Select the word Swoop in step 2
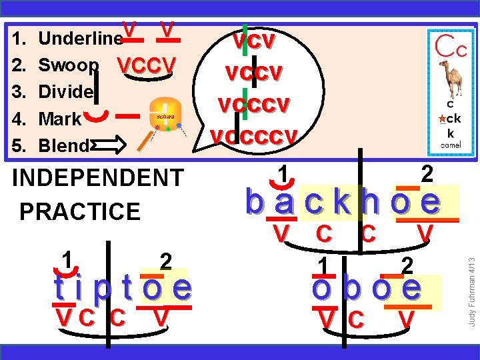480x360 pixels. point(69,65)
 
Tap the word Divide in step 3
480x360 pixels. point(66,92)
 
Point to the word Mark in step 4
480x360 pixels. point(60,119)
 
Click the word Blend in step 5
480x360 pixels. point(63,145)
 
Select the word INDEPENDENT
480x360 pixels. point(98,179)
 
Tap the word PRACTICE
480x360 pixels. point(80,211)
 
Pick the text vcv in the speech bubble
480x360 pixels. point(253,41)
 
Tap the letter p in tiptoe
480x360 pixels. point(102,288)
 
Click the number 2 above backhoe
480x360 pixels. point(427,174)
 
